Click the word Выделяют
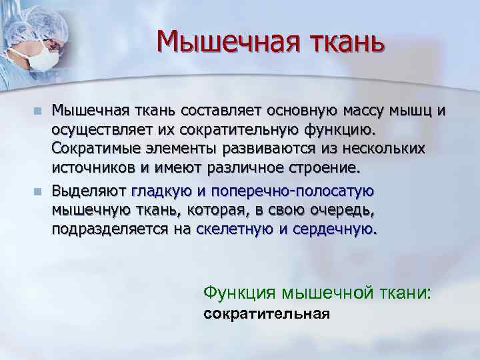point(89,192)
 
